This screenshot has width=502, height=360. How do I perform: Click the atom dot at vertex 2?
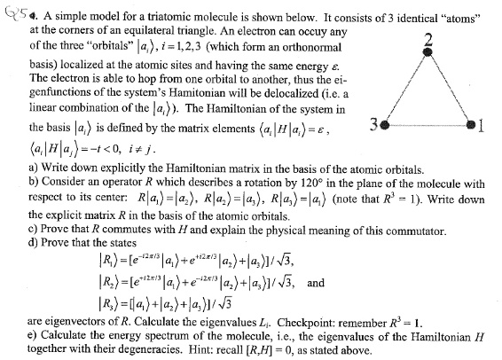point(428,52)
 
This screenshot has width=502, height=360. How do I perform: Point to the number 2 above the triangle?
point(428,37)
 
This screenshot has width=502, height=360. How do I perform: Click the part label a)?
point(35,166)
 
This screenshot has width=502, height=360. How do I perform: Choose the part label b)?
point(35,180)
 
